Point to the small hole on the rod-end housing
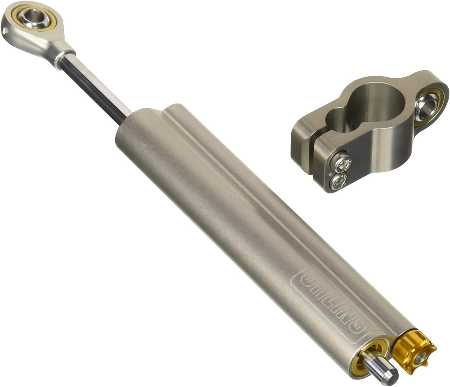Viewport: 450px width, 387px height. pyautogui.click(x=4, y=31)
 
